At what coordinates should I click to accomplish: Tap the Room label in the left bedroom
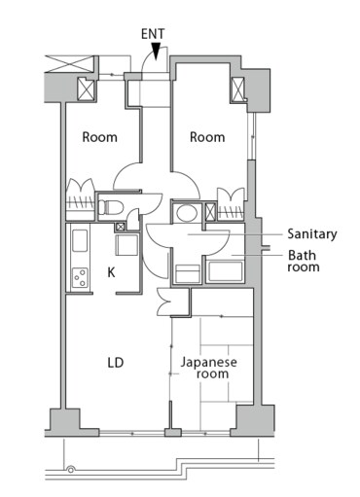point(99,137)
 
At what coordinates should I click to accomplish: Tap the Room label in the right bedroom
point(206,137)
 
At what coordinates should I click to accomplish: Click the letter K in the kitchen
point(111,273)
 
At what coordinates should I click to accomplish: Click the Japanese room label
point(209,368)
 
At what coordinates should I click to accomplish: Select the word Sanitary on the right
point(311,234)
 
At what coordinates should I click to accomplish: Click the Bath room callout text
point(302,263)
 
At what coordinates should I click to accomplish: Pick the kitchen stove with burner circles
point(78,278)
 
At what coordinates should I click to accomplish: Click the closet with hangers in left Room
point(80,195)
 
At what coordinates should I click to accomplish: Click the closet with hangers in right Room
point(232,202)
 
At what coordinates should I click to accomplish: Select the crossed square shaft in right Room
point(237,89)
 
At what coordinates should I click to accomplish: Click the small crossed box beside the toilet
point(121,228)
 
